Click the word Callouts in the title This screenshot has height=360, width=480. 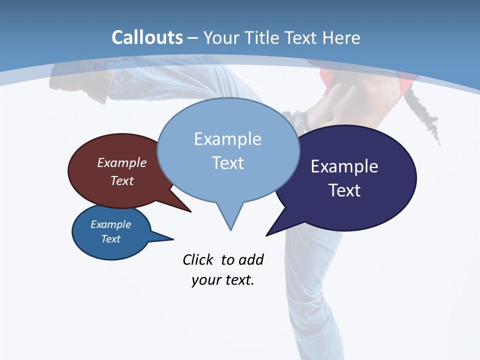coord(147,37)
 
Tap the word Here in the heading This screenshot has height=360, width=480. coord(340,38)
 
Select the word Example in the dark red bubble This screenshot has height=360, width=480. coord(121,162)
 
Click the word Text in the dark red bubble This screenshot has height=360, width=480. coord(121,180)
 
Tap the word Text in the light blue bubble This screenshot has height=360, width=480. coord(227,163)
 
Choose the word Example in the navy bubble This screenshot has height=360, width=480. coord(344,166)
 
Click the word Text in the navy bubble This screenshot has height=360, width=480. coord(344,190)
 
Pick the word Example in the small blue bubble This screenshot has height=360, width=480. coord(110,224)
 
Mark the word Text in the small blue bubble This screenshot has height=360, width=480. coord(110,239)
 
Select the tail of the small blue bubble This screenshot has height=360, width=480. coord(167,238)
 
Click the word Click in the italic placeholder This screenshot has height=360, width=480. coord(197,260)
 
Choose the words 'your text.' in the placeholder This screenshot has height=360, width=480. coord(222,280)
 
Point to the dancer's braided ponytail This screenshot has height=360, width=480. coord(425,115)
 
